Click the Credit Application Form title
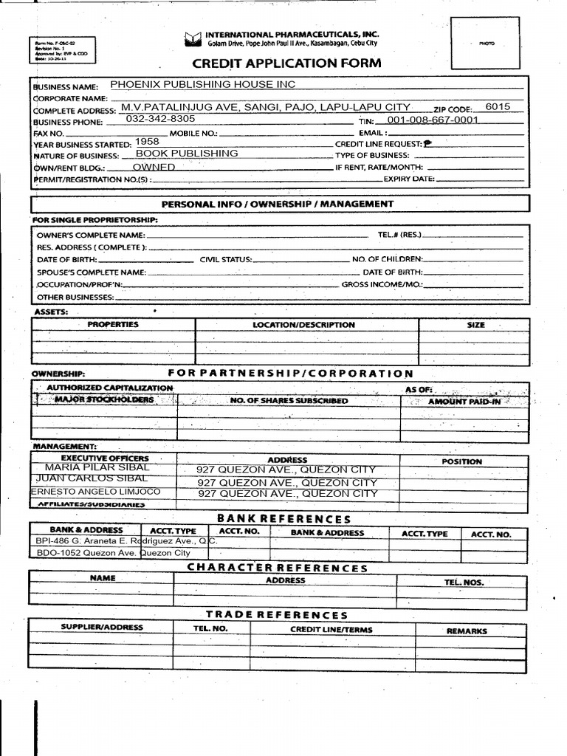click(287, 63)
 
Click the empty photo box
click(486, 44)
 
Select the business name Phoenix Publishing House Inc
click(202, 84)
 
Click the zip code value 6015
click(498, 106)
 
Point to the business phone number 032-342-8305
click(161, 118)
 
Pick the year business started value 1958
click(148, 141)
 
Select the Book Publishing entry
click(188, 154)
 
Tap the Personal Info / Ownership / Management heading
click(278, 204)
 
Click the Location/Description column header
click(303, 325)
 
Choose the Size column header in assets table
click(476, 325)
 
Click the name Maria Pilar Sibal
click(97, 467)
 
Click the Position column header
click(461, 461)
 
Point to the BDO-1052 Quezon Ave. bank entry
click(112, 552)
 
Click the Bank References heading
click(283, 519)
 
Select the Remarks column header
click(467, 631)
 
